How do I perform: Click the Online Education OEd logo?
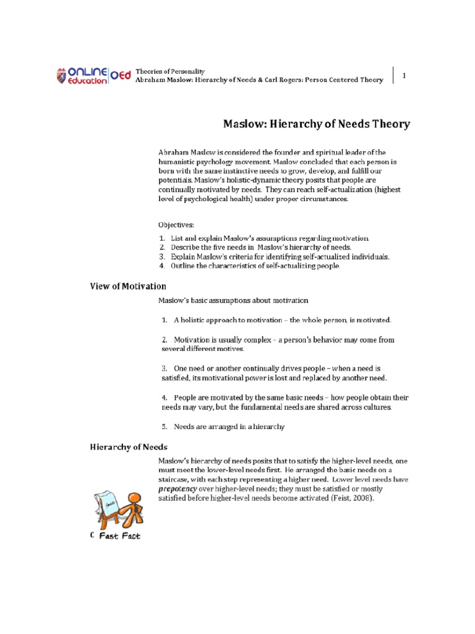click(x=91, y=76)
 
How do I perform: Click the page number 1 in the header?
click(x=404, y=76)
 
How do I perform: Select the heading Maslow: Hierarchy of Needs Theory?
click(x=316, y=124)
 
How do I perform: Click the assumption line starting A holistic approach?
click(x=282, y=320)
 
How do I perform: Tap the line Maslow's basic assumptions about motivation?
click(x=233, y=300)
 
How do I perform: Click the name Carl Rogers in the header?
click(x=291, y=80)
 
